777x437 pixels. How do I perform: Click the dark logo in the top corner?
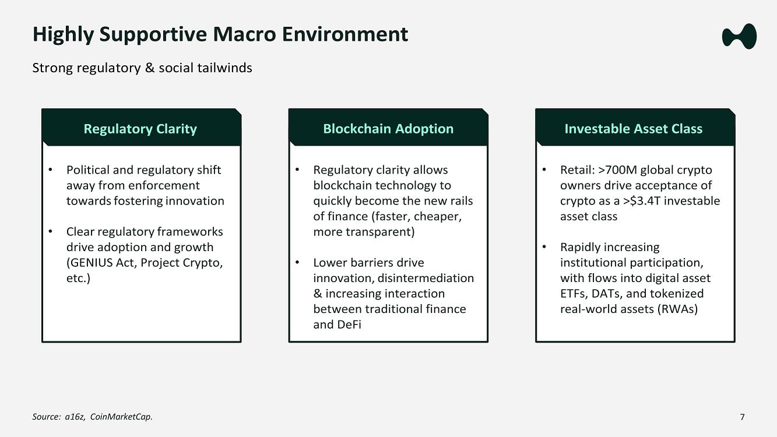[739, 36]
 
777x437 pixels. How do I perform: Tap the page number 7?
[742, 417]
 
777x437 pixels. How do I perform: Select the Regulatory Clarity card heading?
[140, 129]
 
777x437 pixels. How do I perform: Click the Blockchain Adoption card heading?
[388, 129]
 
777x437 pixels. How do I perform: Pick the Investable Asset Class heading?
[634, 129]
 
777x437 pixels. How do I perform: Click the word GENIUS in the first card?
[90, 263]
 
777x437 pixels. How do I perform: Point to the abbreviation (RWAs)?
[677, 309]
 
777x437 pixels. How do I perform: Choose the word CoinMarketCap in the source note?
[121, 417]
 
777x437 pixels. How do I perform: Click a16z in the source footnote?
[75, 417]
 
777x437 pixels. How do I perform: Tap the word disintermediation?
[426, 278]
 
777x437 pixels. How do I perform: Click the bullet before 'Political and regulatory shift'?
[50, 170]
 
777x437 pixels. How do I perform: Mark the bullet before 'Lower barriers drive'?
[297, 263]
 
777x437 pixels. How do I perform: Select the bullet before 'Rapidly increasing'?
[544, 247]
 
